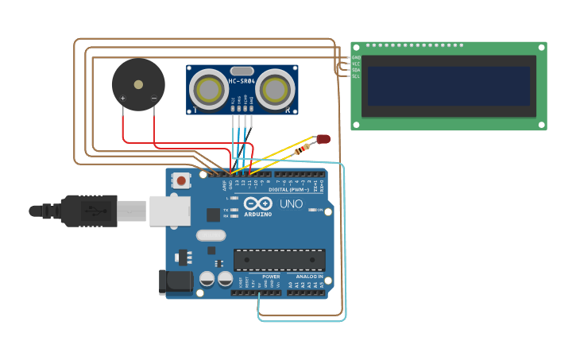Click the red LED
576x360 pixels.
tap(323, 139)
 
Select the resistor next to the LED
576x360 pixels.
tap(303, 149)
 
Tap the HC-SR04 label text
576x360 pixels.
tap(242, 81)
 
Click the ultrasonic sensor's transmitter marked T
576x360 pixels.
tap(209, 89)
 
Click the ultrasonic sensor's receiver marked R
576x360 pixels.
tap(275, 89)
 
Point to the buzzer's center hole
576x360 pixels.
tap(138, 83)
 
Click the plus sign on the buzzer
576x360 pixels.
tap(122, 99)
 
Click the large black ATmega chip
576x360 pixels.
tap(279, 260)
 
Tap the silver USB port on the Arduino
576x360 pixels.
tap(170, 211)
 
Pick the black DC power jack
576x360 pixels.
tap(176, 282)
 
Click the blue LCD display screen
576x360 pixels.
tap(448, 86)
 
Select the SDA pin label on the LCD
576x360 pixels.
tap(356, 70)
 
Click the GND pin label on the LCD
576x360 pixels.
tap(356, 57)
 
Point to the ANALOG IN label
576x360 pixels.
tap(309, 277)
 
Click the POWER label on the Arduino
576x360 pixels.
tap(260, 277)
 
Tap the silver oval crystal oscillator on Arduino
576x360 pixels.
tap(211, 235)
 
